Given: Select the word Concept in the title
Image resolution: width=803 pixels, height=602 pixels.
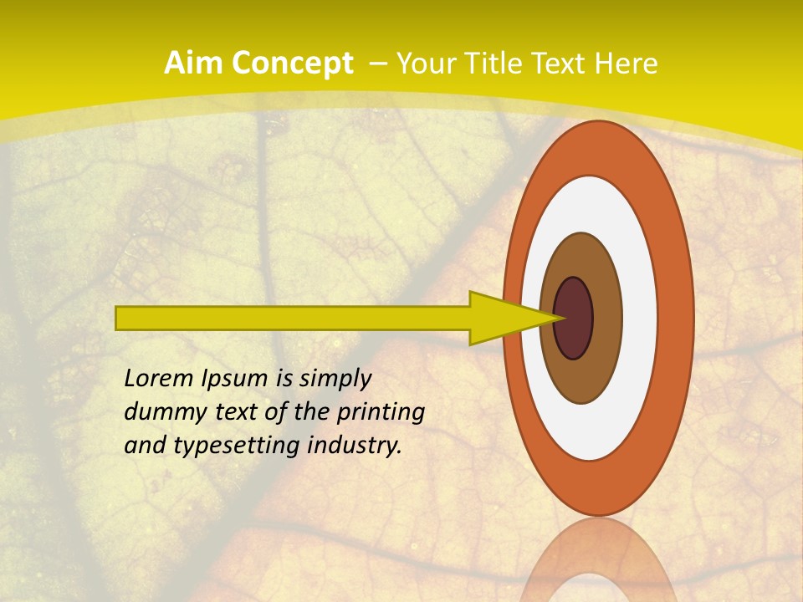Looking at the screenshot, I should tap(293, 64).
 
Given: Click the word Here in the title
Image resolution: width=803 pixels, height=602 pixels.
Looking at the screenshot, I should tap(627, 64).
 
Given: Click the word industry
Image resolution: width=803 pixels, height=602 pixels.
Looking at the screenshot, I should tap(355, 446).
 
